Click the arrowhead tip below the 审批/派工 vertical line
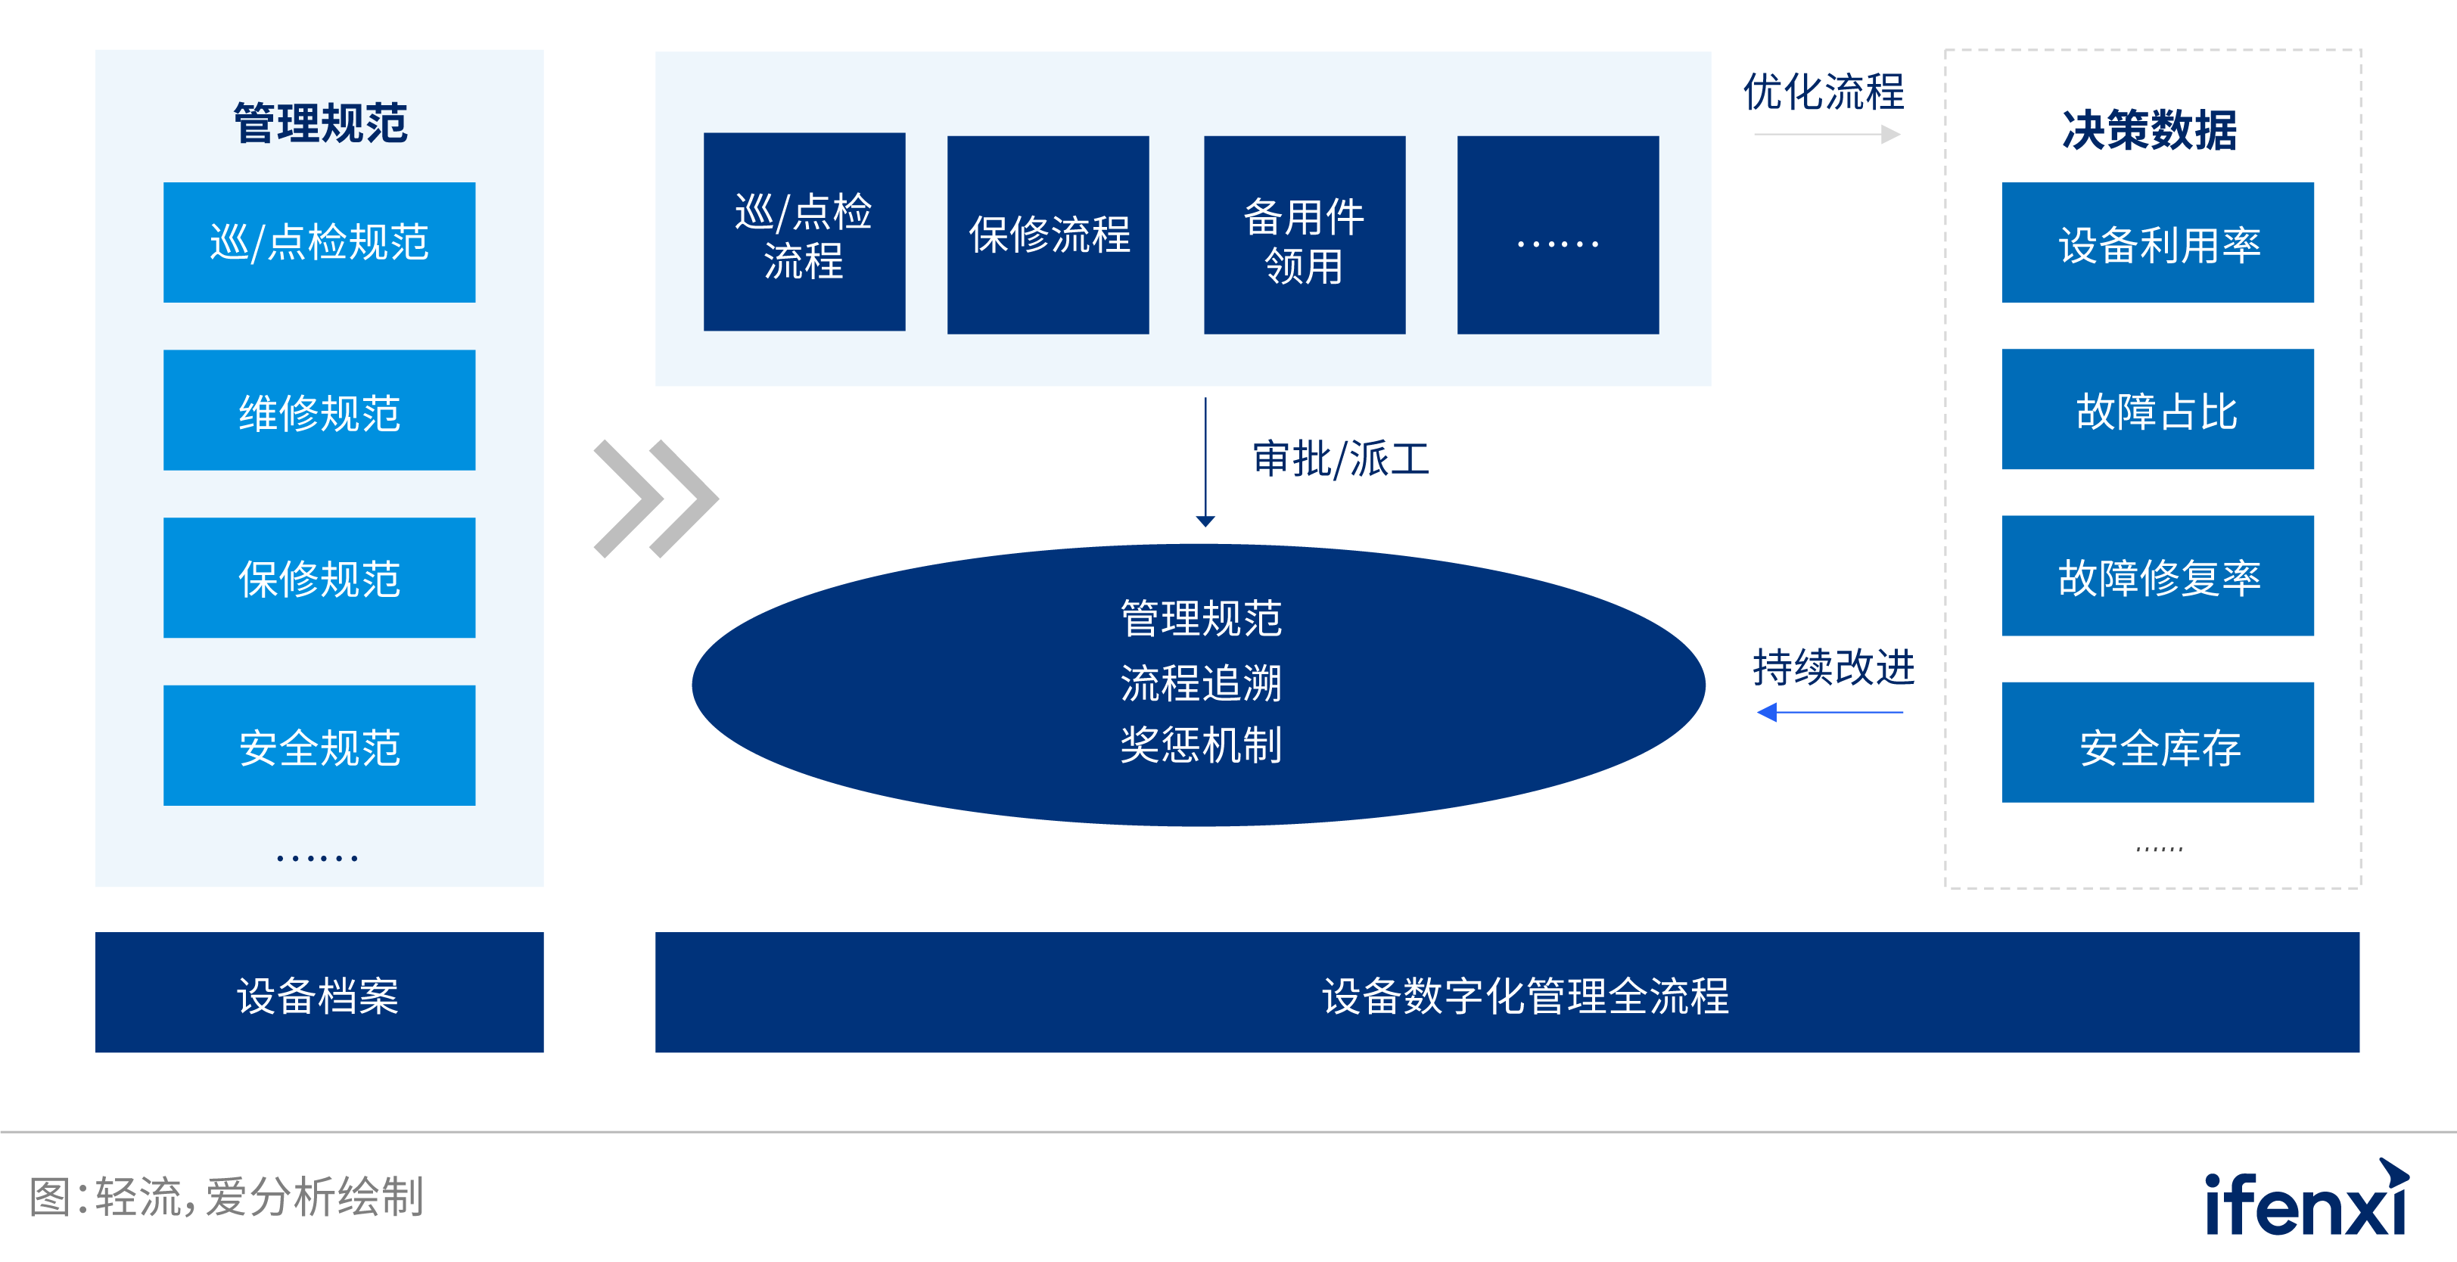click(x=1205, y=527)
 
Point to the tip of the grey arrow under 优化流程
click(x=1901, y=135)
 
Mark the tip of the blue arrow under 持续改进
click(x=1758, y=712)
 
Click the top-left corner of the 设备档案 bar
click(x=95, y=932)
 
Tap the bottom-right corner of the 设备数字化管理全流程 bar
click(x=2359, y=1052)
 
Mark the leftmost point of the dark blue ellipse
click(x=692, y=684)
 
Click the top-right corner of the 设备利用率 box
click(x=2314, y=182)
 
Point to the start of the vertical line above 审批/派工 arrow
click(x=1205, y=398)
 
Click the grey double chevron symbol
click(x=656, y=498)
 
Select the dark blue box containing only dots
click(x=1557, y=235)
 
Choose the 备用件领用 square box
click(x=1305, y=235)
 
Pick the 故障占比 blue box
click(x=2157, y=409)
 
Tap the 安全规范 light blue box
click(x=319, y=745)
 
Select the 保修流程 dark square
click(x=1048, y=235)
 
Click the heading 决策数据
click(x=2149, y=129)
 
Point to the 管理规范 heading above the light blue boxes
click(x=321, y=123)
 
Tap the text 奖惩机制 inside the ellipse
click(x=1201, y=744)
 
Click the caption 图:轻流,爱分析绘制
click(x=226, y=1196)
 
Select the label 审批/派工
click(x=1341, y=458)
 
